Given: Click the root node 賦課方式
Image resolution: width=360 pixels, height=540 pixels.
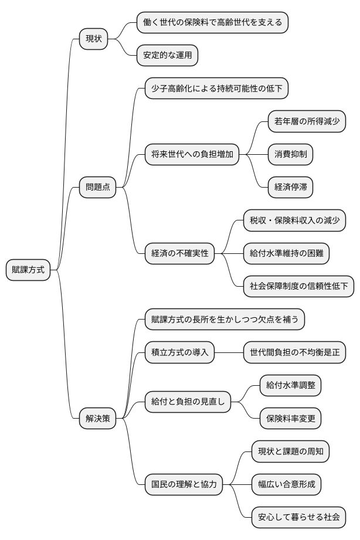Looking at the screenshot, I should (28, 270).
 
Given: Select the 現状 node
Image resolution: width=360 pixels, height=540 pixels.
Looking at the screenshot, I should (94, 39).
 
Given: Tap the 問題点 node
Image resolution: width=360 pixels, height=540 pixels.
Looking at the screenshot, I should (97, 188).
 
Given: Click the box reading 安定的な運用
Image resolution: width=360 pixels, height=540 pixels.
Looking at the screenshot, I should (167, 56).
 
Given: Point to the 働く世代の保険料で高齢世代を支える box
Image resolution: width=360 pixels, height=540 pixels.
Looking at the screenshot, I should (212, 23).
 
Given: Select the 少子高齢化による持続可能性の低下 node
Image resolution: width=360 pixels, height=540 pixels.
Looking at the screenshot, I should (217, 89).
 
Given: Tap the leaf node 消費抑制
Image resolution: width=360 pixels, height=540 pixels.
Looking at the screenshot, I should (290, 155).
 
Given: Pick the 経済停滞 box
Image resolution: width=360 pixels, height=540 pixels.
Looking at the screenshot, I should (290, 188).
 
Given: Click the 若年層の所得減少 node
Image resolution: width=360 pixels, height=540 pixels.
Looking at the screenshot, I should (307, 122).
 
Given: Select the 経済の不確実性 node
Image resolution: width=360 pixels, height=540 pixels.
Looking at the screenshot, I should (179, 254).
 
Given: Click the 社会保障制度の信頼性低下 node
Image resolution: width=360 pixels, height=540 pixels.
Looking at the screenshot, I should (298, 287).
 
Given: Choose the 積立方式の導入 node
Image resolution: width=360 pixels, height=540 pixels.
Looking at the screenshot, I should (179, 353).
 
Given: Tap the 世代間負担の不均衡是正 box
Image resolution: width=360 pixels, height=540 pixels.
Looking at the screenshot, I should (294, 353).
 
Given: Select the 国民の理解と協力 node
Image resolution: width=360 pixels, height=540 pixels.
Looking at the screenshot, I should (184, 484).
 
